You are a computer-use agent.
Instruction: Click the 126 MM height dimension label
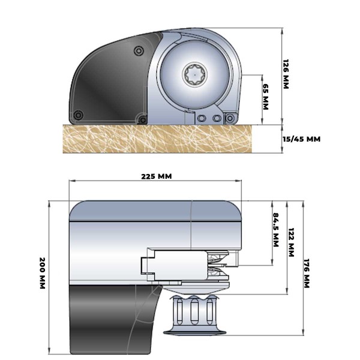coord(286,74)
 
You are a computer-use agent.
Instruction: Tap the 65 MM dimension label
coord(266,97)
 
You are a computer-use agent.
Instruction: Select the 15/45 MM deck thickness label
coord(301,139)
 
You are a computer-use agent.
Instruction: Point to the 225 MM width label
coord(156,176)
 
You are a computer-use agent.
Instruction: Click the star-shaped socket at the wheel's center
coord(196,75)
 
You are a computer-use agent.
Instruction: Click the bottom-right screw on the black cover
coord(142,120)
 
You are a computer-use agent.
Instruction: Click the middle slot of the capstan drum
coord(195,313)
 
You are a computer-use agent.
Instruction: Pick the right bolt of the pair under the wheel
coord(217,119)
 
